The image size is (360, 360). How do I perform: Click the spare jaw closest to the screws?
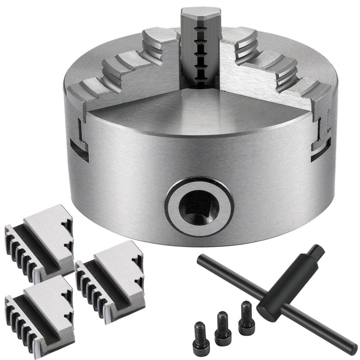(x=108, y=277)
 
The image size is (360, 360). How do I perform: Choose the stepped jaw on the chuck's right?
(x=274, y=72)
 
